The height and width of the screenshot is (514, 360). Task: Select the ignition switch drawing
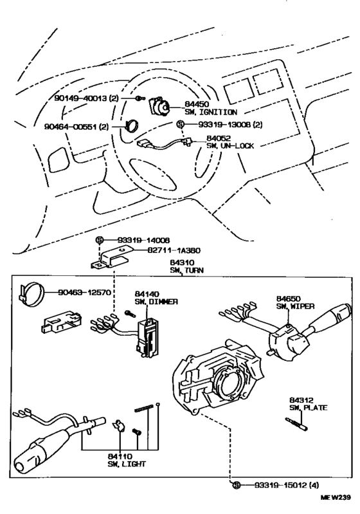(159, 106)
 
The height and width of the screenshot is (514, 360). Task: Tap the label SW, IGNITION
(211, 112)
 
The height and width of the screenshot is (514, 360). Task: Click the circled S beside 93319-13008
(180, 124)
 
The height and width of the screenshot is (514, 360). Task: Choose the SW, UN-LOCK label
(230, 146)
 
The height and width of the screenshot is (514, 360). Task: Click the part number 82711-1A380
(174, 250)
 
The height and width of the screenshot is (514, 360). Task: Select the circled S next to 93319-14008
(100, 240)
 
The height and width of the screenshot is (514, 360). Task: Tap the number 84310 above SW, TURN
(182, 262)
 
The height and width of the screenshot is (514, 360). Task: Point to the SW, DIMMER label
(156, 302)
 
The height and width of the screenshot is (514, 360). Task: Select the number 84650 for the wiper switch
(288, 298)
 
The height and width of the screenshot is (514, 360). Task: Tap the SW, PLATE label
(308, 408)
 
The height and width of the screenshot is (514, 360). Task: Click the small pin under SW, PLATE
(297, 425)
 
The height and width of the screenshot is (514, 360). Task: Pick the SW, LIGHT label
(127, 464)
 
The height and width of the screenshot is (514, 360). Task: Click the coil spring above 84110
(144, 408)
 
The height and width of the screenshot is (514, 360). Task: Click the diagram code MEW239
(336, 497)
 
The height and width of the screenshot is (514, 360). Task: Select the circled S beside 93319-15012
(237, 485)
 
